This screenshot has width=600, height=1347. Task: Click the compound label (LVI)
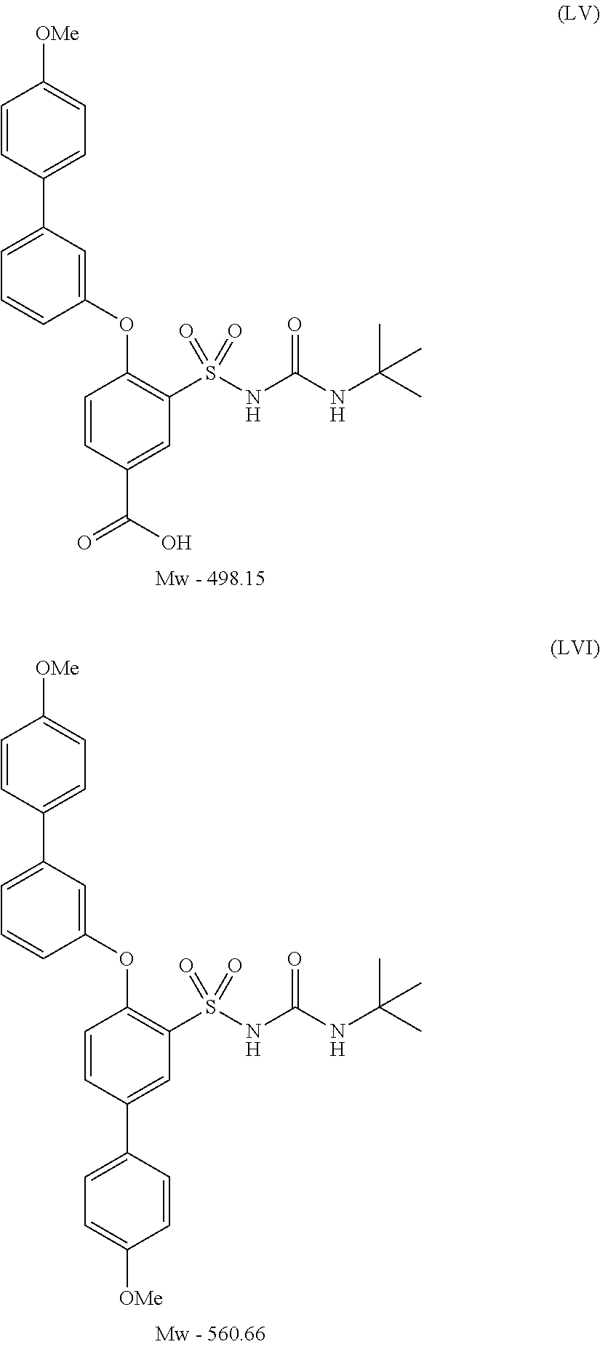575,648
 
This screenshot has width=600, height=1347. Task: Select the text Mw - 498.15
209,579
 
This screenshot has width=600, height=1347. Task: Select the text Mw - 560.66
209,1334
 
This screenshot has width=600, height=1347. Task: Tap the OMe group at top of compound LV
57,34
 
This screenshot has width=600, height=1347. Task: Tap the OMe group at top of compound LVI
57,667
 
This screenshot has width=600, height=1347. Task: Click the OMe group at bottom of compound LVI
140,1298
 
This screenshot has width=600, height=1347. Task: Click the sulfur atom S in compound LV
210,374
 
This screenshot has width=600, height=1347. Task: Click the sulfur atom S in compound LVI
210,1006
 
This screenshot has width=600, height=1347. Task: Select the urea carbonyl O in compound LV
295,325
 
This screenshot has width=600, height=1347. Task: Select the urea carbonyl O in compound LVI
295,958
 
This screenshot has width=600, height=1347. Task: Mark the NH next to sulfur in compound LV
252,405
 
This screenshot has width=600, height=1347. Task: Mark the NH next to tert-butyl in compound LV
336,405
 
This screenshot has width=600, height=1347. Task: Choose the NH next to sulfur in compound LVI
252,1037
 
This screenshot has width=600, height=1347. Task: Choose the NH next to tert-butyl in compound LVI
336,1037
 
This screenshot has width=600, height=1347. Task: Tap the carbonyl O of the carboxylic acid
84,542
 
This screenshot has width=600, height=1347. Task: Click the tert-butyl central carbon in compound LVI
380,1006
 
